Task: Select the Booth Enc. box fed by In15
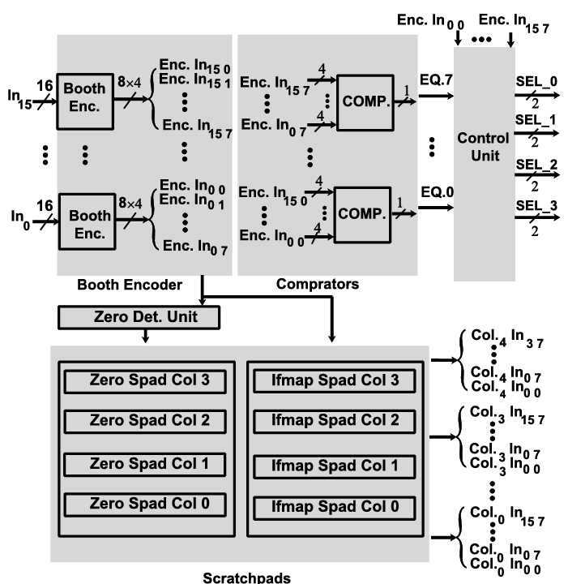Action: point(85,105)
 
